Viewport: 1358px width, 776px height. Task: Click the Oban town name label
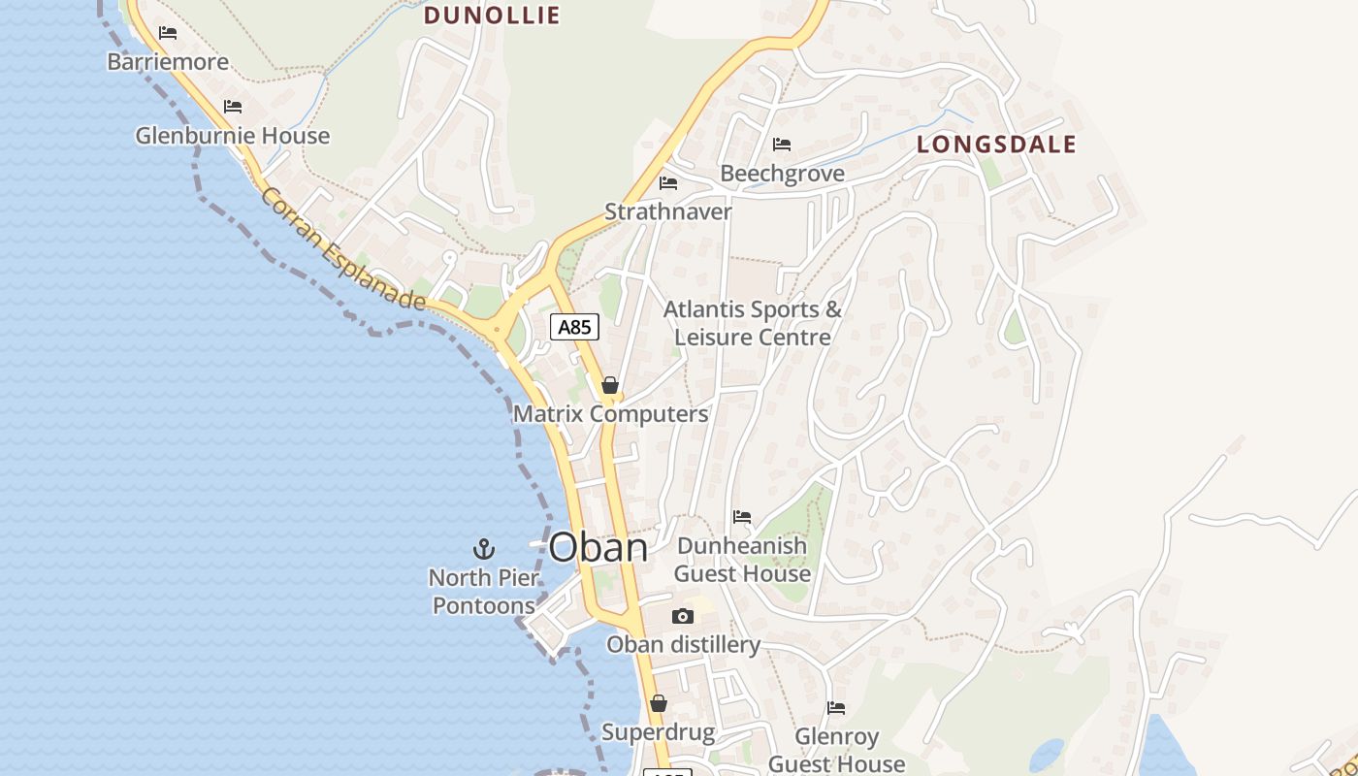tap(598, 548)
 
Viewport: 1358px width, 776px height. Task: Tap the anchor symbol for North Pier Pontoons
tap(483, 550)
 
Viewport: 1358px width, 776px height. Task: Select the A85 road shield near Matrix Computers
tap(574, 327)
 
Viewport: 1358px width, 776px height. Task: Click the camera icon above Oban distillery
tap(683, 617)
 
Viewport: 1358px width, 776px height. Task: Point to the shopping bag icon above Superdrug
tap(659, 703)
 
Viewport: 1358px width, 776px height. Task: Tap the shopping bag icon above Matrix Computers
tap(610, 385)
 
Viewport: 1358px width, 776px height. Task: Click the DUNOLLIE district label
tap(492, 15)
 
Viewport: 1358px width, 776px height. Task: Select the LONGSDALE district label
tap(996, 145)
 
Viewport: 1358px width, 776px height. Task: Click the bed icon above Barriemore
tap(168, 33)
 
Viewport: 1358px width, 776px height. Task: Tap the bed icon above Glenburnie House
tap(232, 107)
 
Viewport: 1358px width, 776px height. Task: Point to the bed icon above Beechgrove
tap(782, 145)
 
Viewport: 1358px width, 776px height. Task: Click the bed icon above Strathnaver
tap(668, 182)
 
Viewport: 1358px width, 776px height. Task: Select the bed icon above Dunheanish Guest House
tap(742, 517)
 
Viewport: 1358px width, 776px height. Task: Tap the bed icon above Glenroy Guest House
tap(836, 708)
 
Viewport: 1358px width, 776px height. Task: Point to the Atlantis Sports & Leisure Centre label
tap(753, 323)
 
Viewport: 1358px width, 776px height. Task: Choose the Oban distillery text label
tap(683, 645)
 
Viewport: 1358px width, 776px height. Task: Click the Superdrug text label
tap(658, 732)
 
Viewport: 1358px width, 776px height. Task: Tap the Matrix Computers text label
tap(610, 414)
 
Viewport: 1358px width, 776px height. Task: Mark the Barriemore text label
tap(168, 62)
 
